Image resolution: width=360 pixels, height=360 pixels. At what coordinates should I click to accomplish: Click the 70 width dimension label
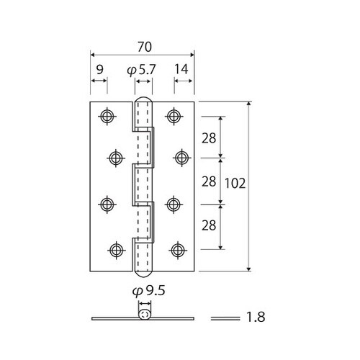[145, 47]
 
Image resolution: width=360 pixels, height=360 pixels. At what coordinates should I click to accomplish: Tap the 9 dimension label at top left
[100, 70]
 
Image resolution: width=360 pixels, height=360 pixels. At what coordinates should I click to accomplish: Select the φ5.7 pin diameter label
[142, 71]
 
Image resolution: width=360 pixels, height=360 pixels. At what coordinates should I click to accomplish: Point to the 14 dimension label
[181, 69]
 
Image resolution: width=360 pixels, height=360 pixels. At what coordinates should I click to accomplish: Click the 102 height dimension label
[235, 184]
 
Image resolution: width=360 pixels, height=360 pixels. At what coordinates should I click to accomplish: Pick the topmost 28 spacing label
[209, 138]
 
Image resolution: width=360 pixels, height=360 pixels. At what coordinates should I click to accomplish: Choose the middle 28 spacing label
[209, 181]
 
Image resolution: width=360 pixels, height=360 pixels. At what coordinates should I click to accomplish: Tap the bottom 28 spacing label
[209, 225]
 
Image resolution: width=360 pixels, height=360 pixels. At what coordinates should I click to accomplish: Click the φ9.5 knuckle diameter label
[149, 291]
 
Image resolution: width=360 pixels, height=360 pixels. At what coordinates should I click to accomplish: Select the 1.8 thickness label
[256, 317]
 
